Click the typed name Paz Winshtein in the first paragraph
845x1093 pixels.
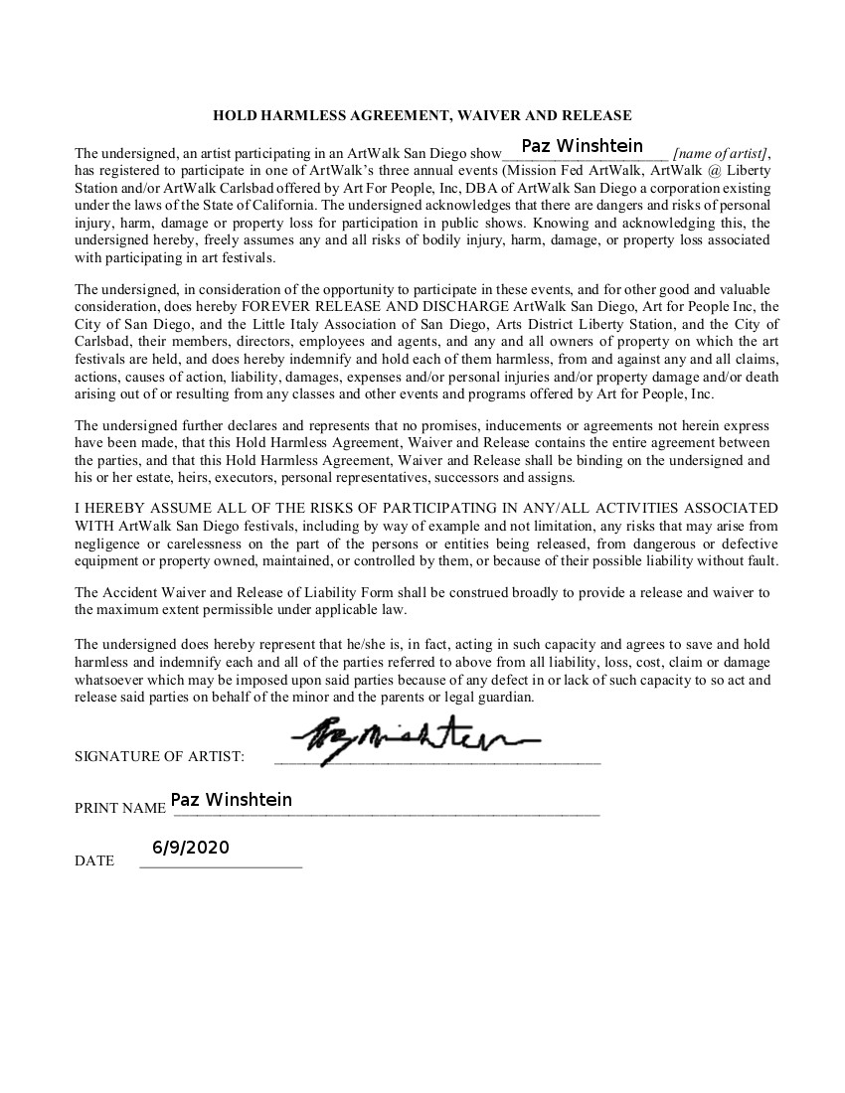coord(583,146)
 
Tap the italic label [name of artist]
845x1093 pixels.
coord(720,154)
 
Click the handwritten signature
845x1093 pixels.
coord(415,738)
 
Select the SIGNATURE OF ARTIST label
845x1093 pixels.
coord(159,757)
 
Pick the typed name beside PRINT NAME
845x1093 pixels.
coord(232,800)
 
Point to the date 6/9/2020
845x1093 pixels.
coord(191,848)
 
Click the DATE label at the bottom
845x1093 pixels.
coord(94,860)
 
